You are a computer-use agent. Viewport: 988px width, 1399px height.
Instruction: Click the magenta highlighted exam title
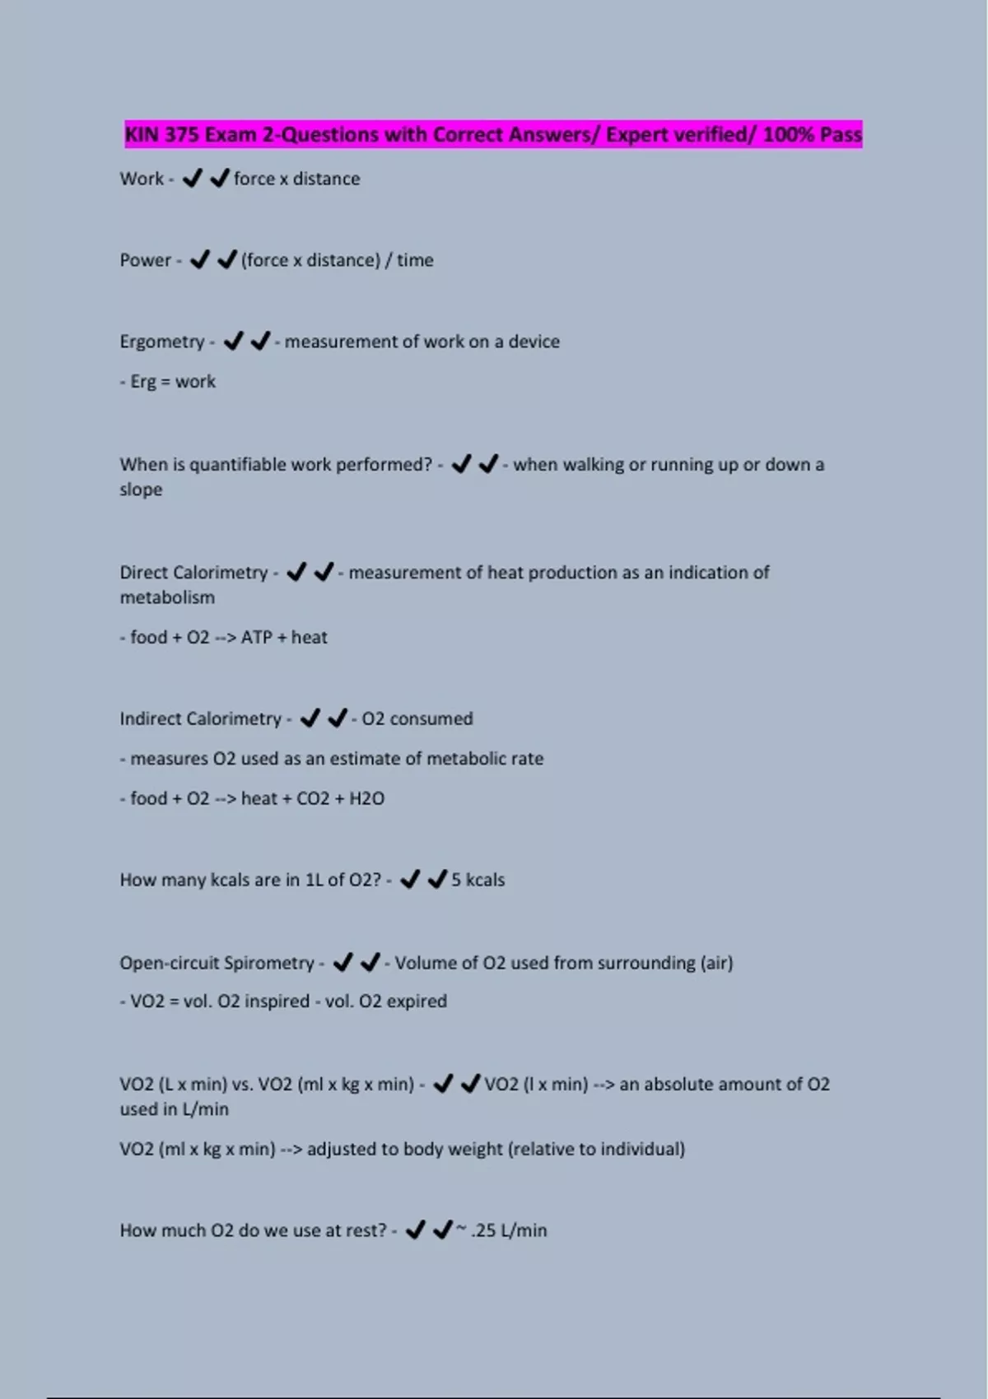click(493, 134)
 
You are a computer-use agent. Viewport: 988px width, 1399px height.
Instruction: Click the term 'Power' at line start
click(145, 260)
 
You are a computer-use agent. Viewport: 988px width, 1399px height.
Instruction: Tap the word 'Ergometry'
click(161, 342)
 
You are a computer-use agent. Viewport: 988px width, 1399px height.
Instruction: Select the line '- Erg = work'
click(168, 382)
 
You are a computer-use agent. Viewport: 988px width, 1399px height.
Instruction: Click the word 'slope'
click(141, 490)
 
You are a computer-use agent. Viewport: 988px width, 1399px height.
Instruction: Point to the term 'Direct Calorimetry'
click(193, 573)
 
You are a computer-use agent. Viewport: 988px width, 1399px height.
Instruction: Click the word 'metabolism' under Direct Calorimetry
click(167, 597)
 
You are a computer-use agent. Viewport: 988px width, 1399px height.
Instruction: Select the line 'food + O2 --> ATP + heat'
click(228, 638)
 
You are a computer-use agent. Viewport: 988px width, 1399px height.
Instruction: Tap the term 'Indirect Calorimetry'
click(200, 719)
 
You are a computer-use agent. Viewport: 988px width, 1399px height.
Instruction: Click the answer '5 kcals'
click(478, 881)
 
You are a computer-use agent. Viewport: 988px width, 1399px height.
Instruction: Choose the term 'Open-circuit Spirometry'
click(217, 963)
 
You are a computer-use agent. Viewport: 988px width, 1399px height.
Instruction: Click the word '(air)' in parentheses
click(716, 963)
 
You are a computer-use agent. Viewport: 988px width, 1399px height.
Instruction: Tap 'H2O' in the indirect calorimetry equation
click(366, 799)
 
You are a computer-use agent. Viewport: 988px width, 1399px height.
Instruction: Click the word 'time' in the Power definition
click(415, 260)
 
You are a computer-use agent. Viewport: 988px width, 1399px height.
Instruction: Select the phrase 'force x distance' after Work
click(296, 179)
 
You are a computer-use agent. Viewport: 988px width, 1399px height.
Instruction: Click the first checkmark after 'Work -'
click(192, 179)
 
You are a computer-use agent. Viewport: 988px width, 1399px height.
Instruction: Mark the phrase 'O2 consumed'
click(417, 719)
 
